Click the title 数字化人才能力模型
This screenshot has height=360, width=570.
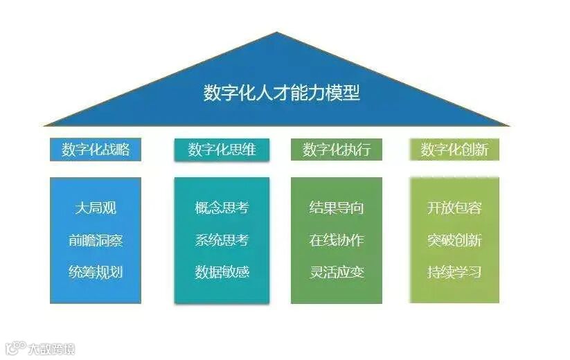(x=282, y=93)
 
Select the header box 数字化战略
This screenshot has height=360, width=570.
(x=96, y=150)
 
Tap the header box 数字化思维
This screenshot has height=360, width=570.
(x=222, y=150)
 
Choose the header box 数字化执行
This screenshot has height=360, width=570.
(x=337, y=150)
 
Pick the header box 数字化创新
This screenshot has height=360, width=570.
(x=454, y=150)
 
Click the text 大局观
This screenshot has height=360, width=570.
(x=96, y=208)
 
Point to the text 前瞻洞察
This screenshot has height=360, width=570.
(x=96, y=240)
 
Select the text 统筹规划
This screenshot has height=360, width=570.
(x=96, y=272)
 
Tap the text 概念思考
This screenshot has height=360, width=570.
(x=222, y=208)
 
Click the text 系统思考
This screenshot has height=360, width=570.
(x=222, y=240)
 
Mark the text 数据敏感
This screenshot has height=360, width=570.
(x=222, y=272)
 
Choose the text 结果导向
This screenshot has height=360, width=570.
(x=337, y=208)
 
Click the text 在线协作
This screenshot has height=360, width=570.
(x=337, y=240)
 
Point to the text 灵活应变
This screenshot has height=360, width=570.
(x=337, y=272)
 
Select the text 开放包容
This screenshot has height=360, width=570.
(x=454, y=208)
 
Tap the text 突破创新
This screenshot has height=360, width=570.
(x=454, y=240)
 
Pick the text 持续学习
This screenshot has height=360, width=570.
(x=454, y=272)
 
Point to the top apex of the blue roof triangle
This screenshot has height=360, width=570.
(x=278, y=33)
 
